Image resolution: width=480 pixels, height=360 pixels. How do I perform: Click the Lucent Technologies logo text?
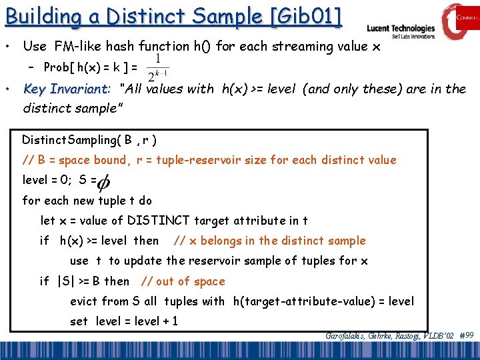[x=401, y=29]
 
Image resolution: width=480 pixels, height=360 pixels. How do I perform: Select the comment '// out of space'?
[x=182, y=281]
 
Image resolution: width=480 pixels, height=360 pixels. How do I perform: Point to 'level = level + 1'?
[x=137, y=321]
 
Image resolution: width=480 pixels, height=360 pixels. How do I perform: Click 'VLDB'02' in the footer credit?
[x=437, y=336]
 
